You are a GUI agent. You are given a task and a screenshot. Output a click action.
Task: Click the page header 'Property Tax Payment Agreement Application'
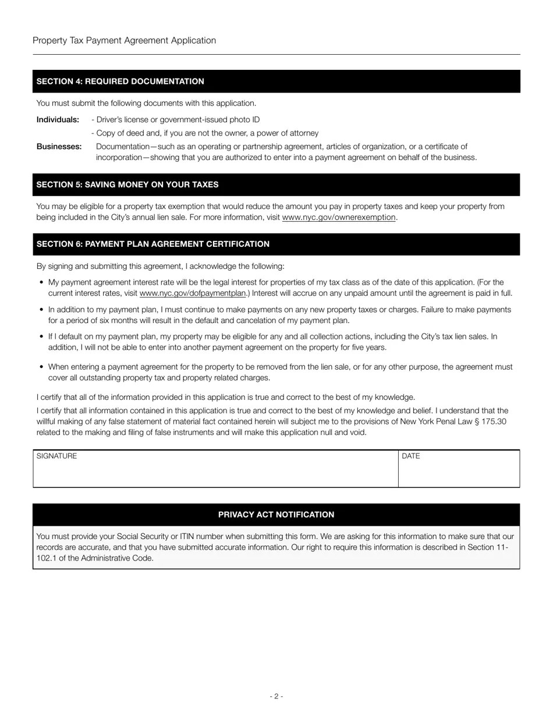coord(124,41)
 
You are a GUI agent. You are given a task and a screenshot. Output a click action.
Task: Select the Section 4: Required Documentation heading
coord(120,81)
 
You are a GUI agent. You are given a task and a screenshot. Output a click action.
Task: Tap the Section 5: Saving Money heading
coord(127,185)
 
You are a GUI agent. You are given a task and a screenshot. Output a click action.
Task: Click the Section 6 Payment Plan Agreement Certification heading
coord(153,244)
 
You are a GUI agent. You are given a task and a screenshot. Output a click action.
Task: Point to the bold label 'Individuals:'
coord(58,119)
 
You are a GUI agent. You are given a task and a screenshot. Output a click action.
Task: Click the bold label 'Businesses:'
coord(59,147)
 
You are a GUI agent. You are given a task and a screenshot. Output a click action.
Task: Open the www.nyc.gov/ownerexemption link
coord(339,217)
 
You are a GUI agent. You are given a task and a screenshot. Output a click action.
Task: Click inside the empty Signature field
coord(215,472)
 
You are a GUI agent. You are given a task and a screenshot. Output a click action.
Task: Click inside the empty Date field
coord(459,472)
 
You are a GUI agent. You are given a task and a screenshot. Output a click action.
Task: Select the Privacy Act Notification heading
coord(276,515)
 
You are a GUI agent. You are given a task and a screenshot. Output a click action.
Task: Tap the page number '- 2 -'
coord(276,696)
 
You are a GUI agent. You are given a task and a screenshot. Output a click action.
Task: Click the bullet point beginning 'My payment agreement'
coord(279,288)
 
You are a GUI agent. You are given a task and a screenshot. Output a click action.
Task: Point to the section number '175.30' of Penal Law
coord(494,421)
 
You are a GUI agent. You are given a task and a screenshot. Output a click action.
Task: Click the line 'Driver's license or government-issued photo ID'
coord(175,119)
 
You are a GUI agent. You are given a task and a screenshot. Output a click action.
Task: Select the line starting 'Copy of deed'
coord(205,133)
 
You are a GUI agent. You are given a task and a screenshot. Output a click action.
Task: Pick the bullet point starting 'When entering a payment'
coord(279,373)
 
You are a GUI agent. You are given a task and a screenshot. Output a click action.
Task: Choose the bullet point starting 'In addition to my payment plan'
coord(279,315)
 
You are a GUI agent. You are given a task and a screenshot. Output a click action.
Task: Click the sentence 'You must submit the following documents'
coord(146,103)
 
